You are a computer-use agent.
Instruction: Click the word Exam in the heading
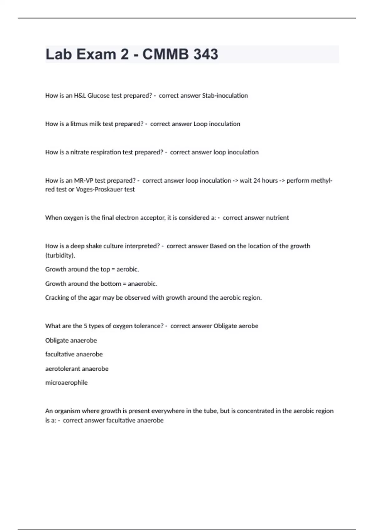point(96,54)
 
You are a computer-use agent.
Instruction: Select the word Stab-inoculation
point(225,96)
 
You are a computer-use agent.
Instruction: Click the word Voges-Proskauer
point(100,190)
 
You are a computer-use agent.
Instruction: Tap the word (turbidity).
point(60,255)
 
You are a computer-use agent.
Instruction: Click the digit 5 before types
point(85,326)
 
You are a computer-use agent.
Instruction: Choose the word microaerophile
point(66,383)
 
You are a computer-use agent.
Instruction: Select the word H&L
point(80,96)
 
